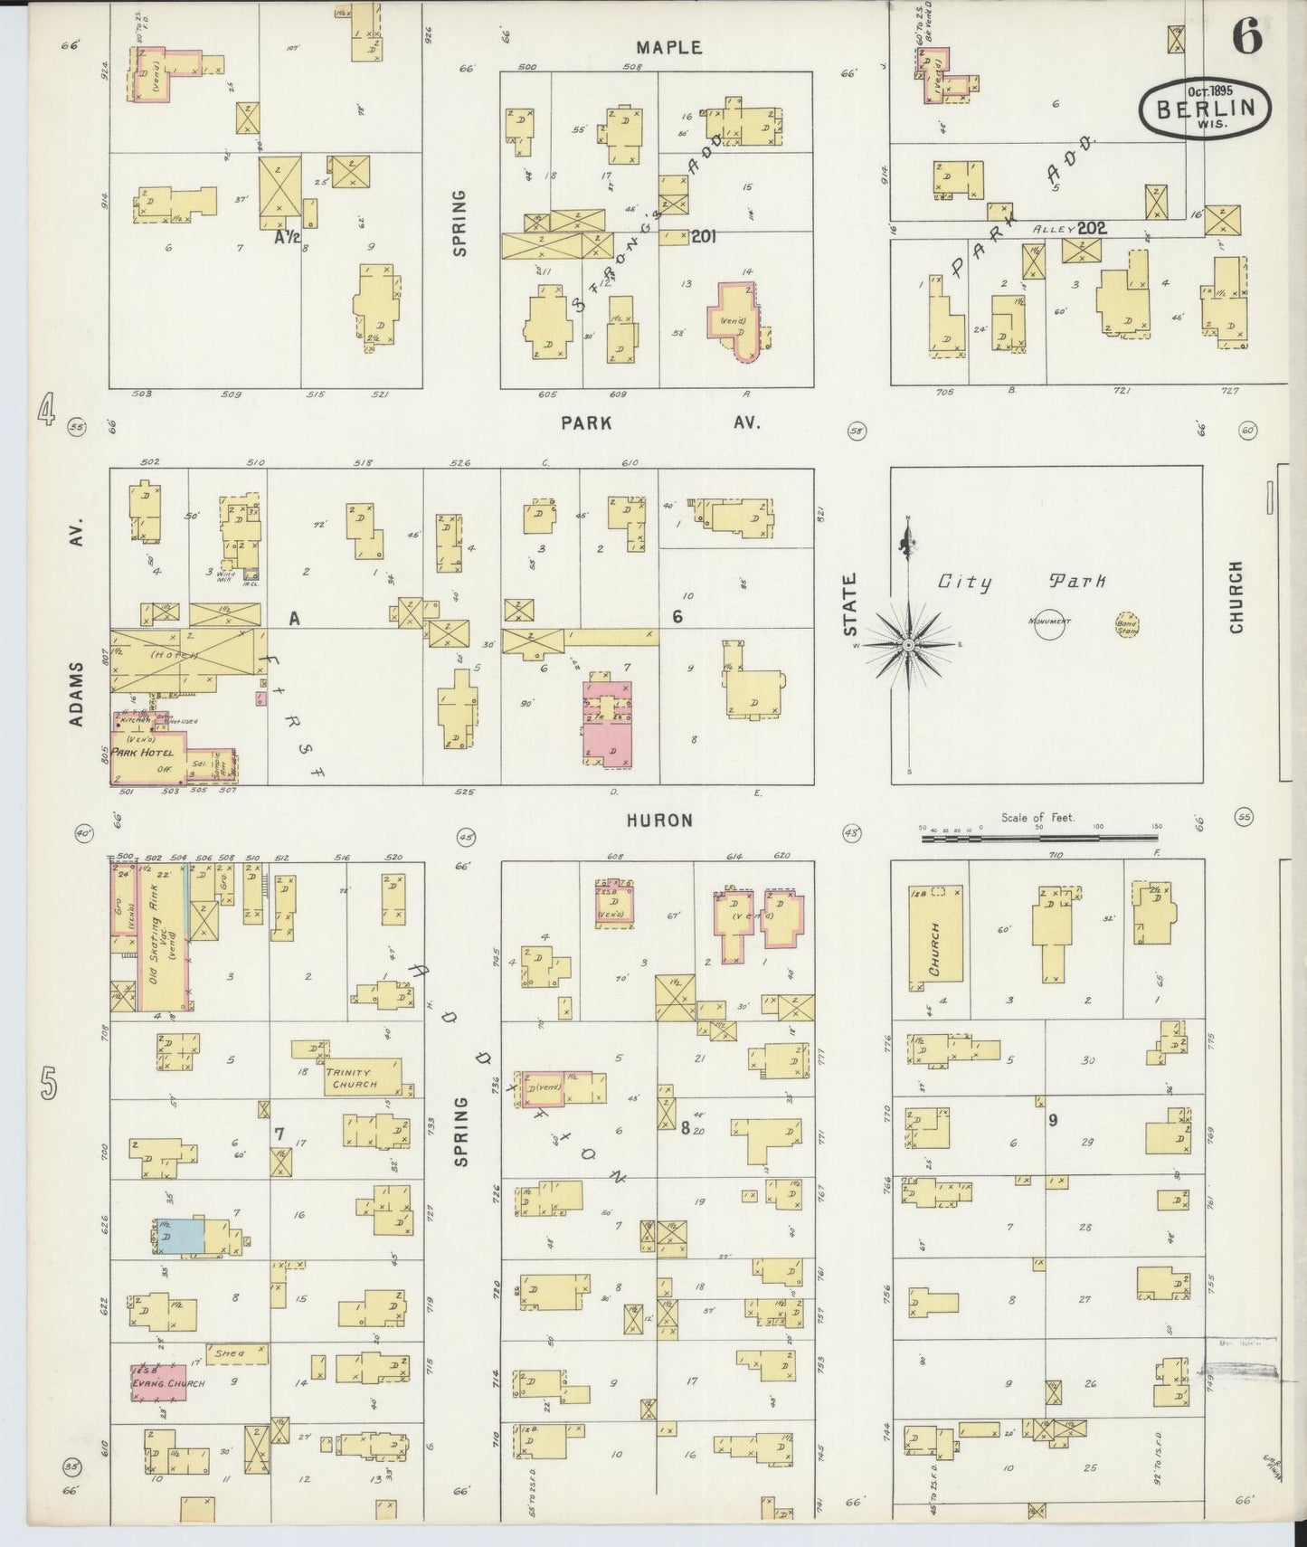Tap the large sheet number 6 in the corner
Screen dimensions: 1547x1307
(x=1245, y=37)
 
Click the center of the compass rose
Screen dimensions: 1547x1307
(x=907, y=644)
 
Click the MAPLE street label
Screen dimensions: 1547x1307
(x=668, y=47)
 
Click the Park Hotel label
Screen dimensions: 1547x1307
(x=143, y=752)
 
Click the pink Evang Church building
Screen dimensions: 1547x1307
(x=158, y=1382)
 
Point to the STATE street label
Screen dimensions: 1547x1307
(x=851, y=603)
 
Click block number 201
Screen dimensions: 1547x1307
(x=702, y=236)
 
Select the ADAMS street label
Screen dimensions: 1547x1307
(x=76, y=693)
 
